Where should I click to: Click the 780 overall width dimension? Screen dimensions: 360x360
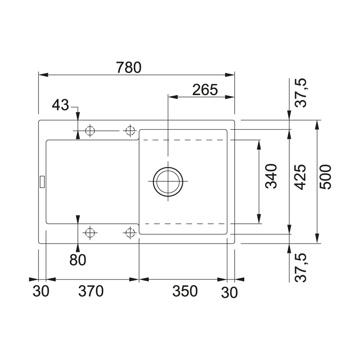click(129, 67)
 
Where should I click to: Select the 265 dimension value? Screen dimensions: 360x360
click(205, 90)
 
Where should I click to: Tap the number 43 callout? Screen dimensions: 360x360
click(60, 105)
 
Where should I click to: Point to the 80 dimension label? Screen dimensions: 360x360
click(78, 260)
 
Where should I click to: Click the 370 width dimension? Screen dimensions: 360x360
click(91, 291)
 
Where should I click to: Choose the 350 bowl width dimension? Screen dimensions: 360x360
click(185, 291)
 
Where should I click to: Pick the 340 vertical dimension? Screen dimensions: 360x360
click(271, 176)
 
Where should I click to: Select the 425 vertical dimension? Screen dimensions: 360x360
click(300, 177)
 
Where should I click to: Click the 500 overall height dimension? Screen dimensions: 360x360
click(326, 177)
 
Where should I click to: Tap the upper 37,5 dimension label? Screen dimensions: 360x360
click(301, 93)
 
